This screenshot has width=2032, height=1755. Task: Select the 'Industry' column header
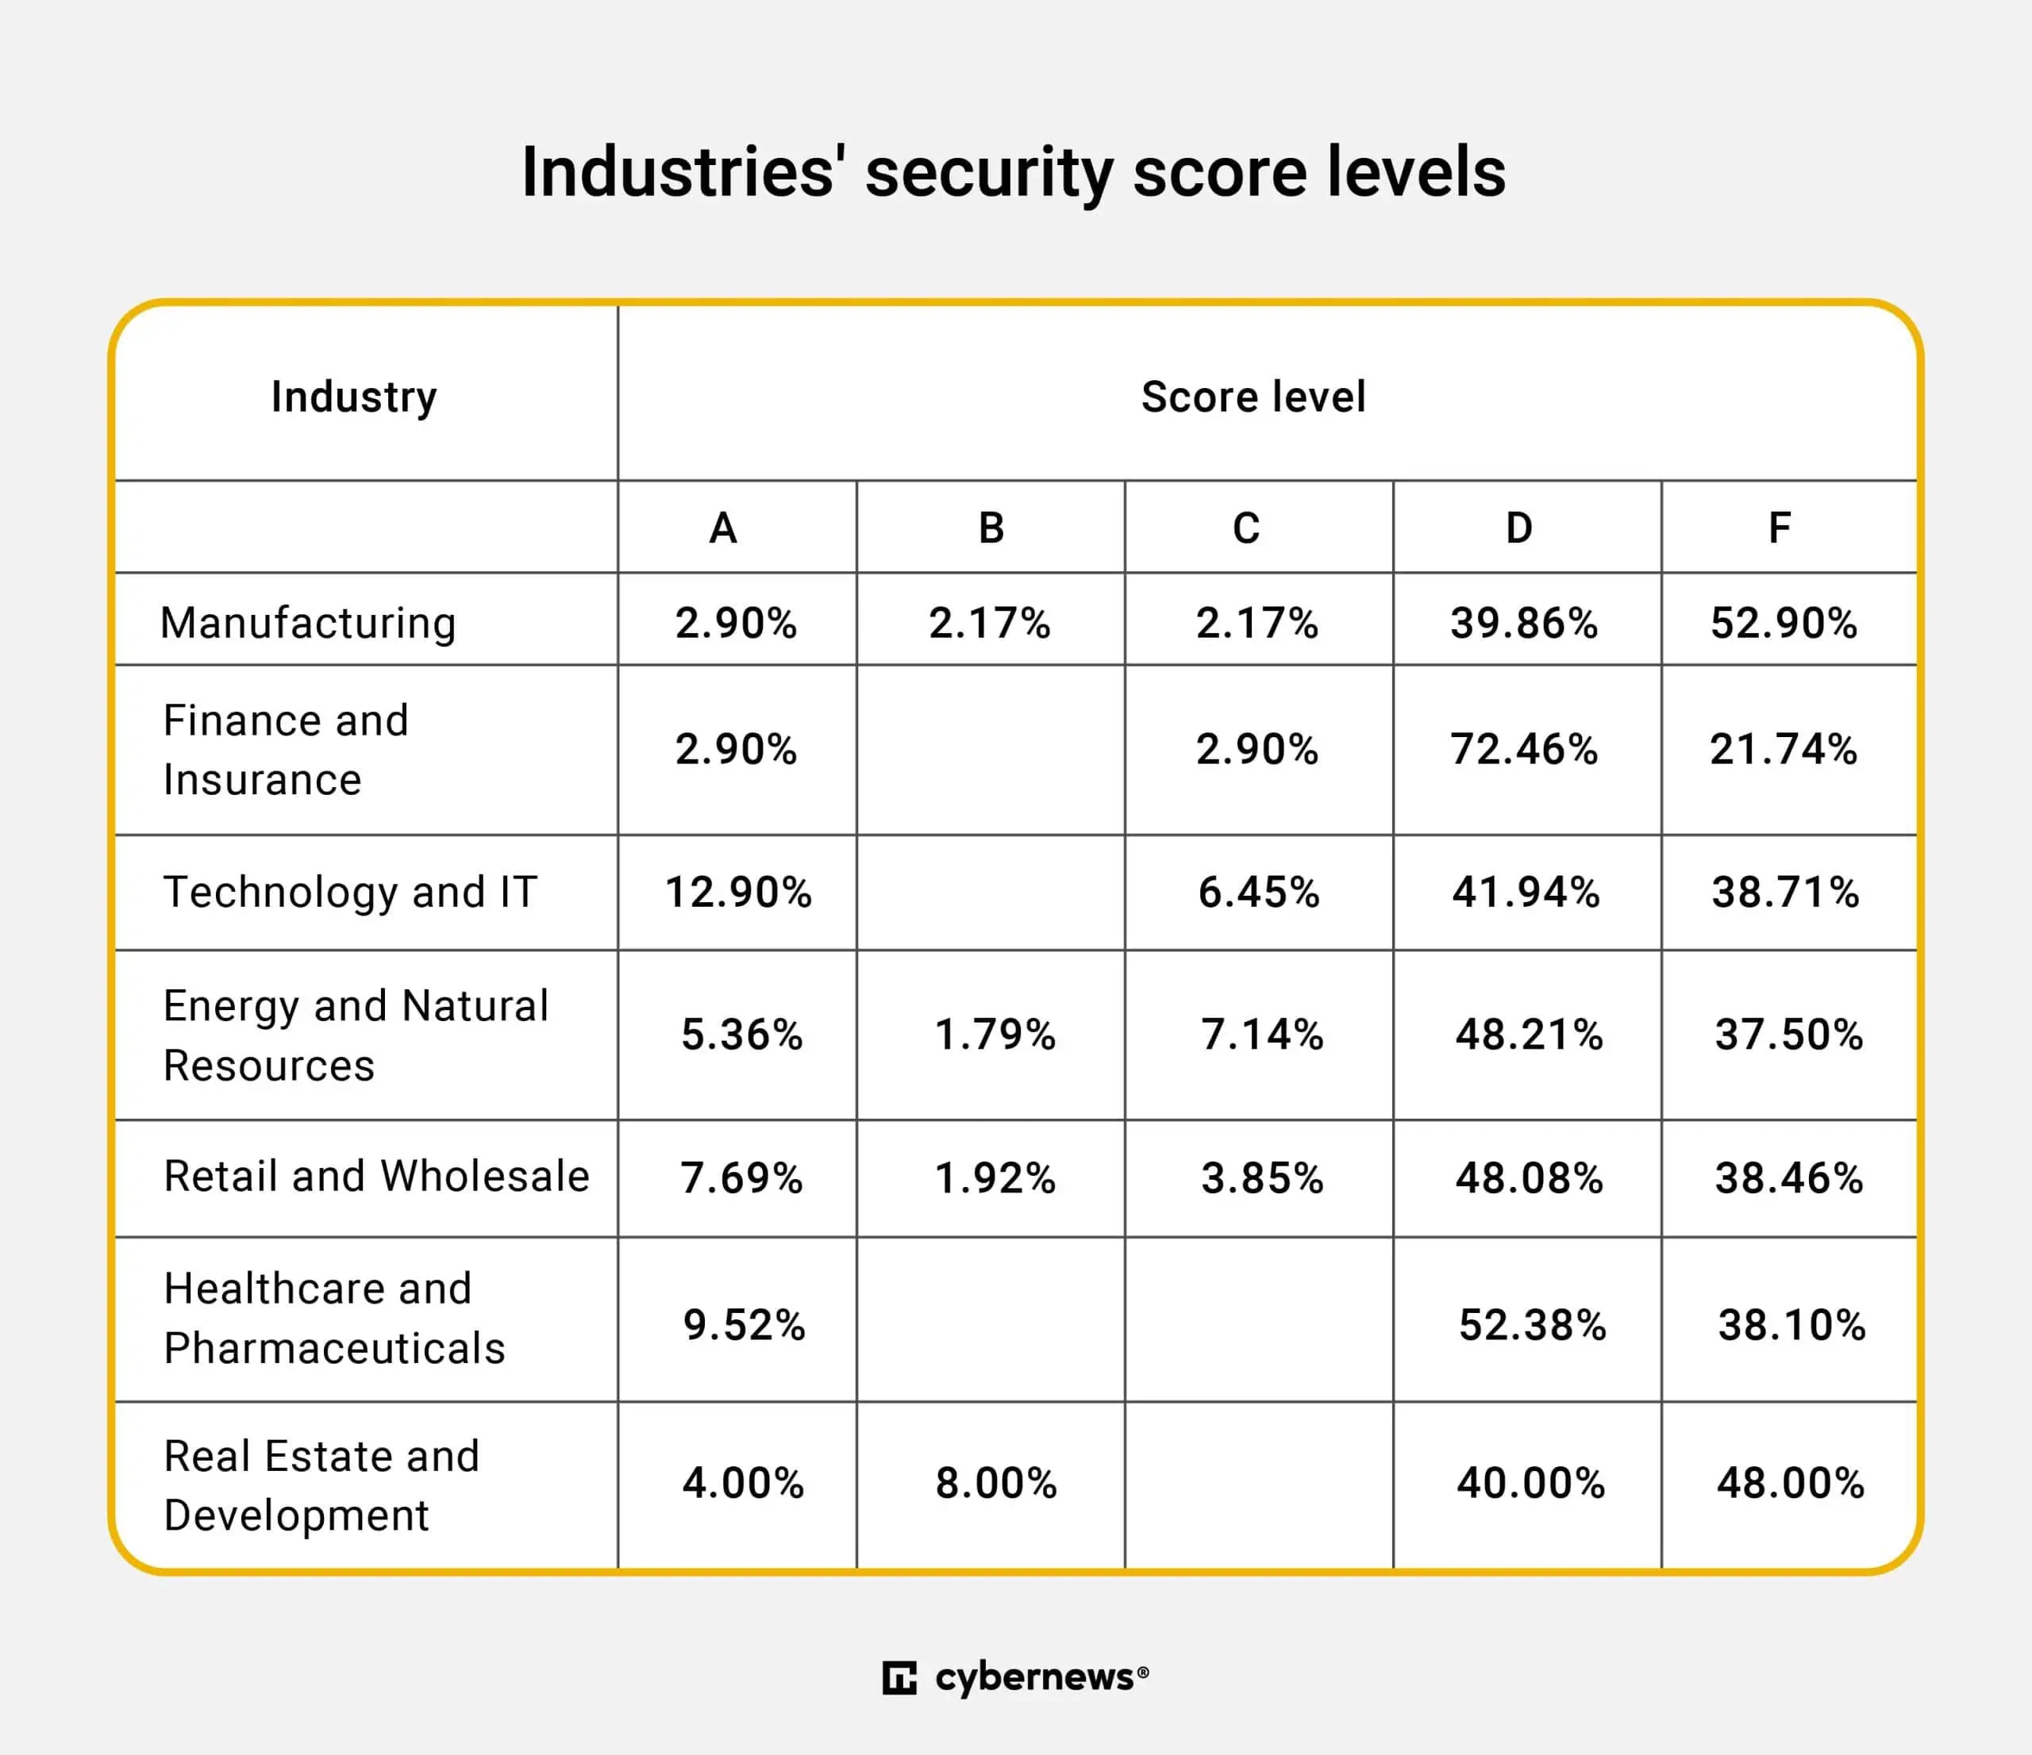coord(354,397)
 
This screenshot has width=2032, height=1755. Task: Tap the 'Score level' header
coord(1253,397)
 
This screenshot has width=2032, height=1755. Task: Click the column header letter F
coord(1779,528)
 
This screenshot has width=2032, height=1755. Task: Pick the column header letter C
coord(1245,528)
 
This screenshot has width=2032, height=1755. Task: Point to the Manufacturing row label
coord(308,623)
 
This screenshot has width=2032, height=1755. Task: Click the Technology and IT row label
coord(350,893)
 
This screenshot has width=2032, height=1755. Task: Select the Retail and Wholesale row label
coord(376,1176)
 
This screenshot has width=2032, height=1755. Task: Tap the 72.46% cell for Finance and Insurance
coord(1524,749)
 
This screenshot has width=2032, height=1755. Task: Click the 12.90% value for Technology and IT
coord(737,893)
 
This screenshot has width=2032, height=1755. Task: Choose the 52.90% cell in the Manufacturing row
coord(1784,623)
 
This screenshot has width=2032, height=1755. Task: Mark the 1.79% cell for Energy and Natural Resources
coord(995,1035)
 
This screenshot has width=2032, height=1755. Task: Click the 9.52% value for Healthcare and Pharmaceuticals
coord(744,1325)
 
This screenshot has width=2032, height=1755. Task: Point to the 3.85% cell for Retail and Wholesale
coord(1262,1177)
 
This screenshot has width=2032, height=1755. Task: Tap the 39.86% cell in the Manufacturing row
coord(1524,623)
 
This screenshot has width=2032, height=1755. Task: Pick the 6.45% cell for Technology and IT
coord(1258,893)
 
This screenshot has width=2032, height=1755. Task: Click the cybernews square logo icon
coord(899,1677)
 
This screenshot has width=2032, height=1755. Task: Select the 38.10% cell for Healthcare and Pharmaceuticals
coord(1791,1325)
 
